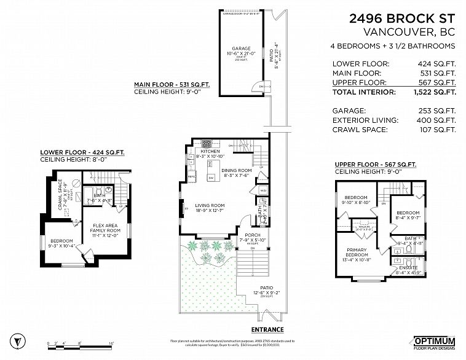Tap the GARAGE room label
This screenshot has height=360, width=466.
(241, 48)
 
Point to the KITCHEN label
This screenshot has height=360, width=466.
(210, 151)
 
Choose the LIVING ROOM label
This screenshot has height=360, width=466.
(210, 205)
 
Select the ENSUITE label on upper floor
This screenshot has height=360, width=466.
(408, 268)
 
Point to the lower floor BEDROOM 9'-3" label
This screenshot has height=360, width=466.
(61, 241)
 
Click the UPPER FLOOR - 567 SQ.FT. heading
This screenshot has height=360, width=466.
(375, 165)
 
